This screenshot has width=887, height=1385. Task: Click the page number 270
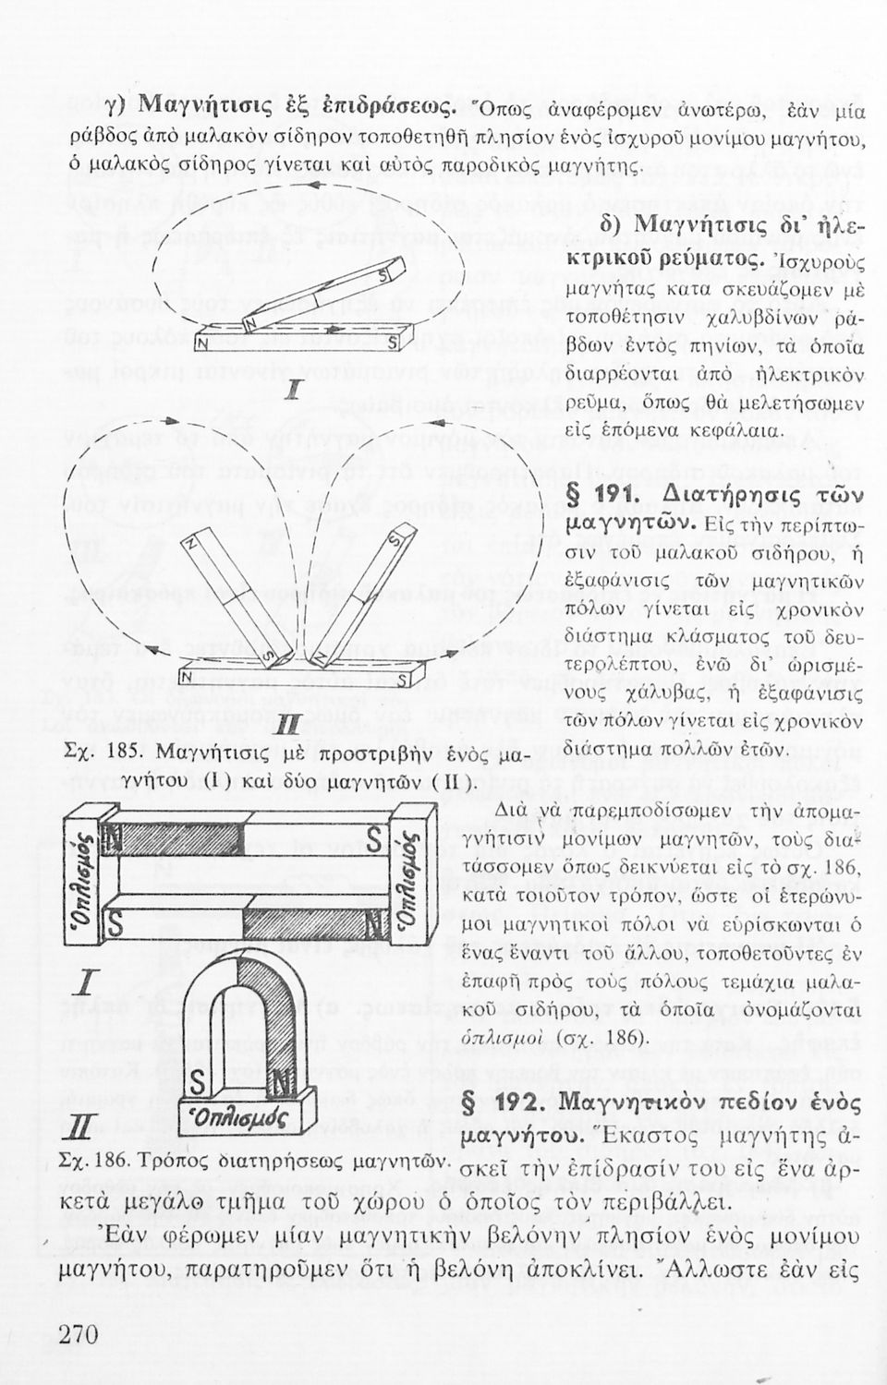(x=78, y=1334)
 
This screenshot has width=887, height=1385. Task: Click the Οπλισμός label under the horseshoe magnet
(x=243, y=1119)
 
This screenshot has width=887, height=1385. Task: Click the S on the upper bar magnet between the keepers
(x=375, y=838)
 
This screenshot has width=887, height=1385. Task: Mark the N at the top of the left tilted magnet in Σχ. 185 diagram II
(x=192, y=544)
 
